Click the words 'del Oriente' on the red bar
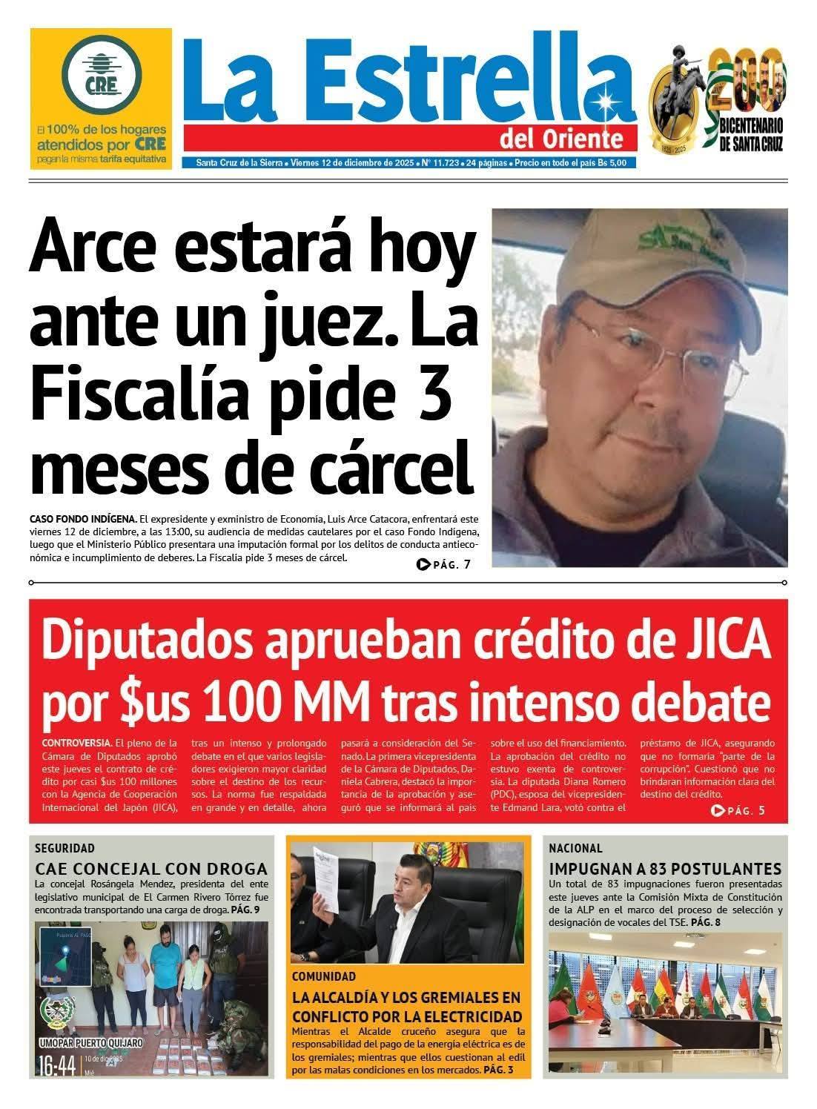570,139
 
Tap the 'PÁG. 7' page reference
444,565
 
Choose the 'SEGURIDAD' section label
65,847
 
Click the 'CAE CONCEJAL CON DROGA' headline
151,868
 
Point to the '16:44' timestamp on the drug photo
56,1067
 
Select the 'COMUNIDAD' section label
324,976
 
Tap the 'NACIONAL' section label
575,847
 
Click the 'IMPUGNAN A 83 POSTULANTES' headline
665,868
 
